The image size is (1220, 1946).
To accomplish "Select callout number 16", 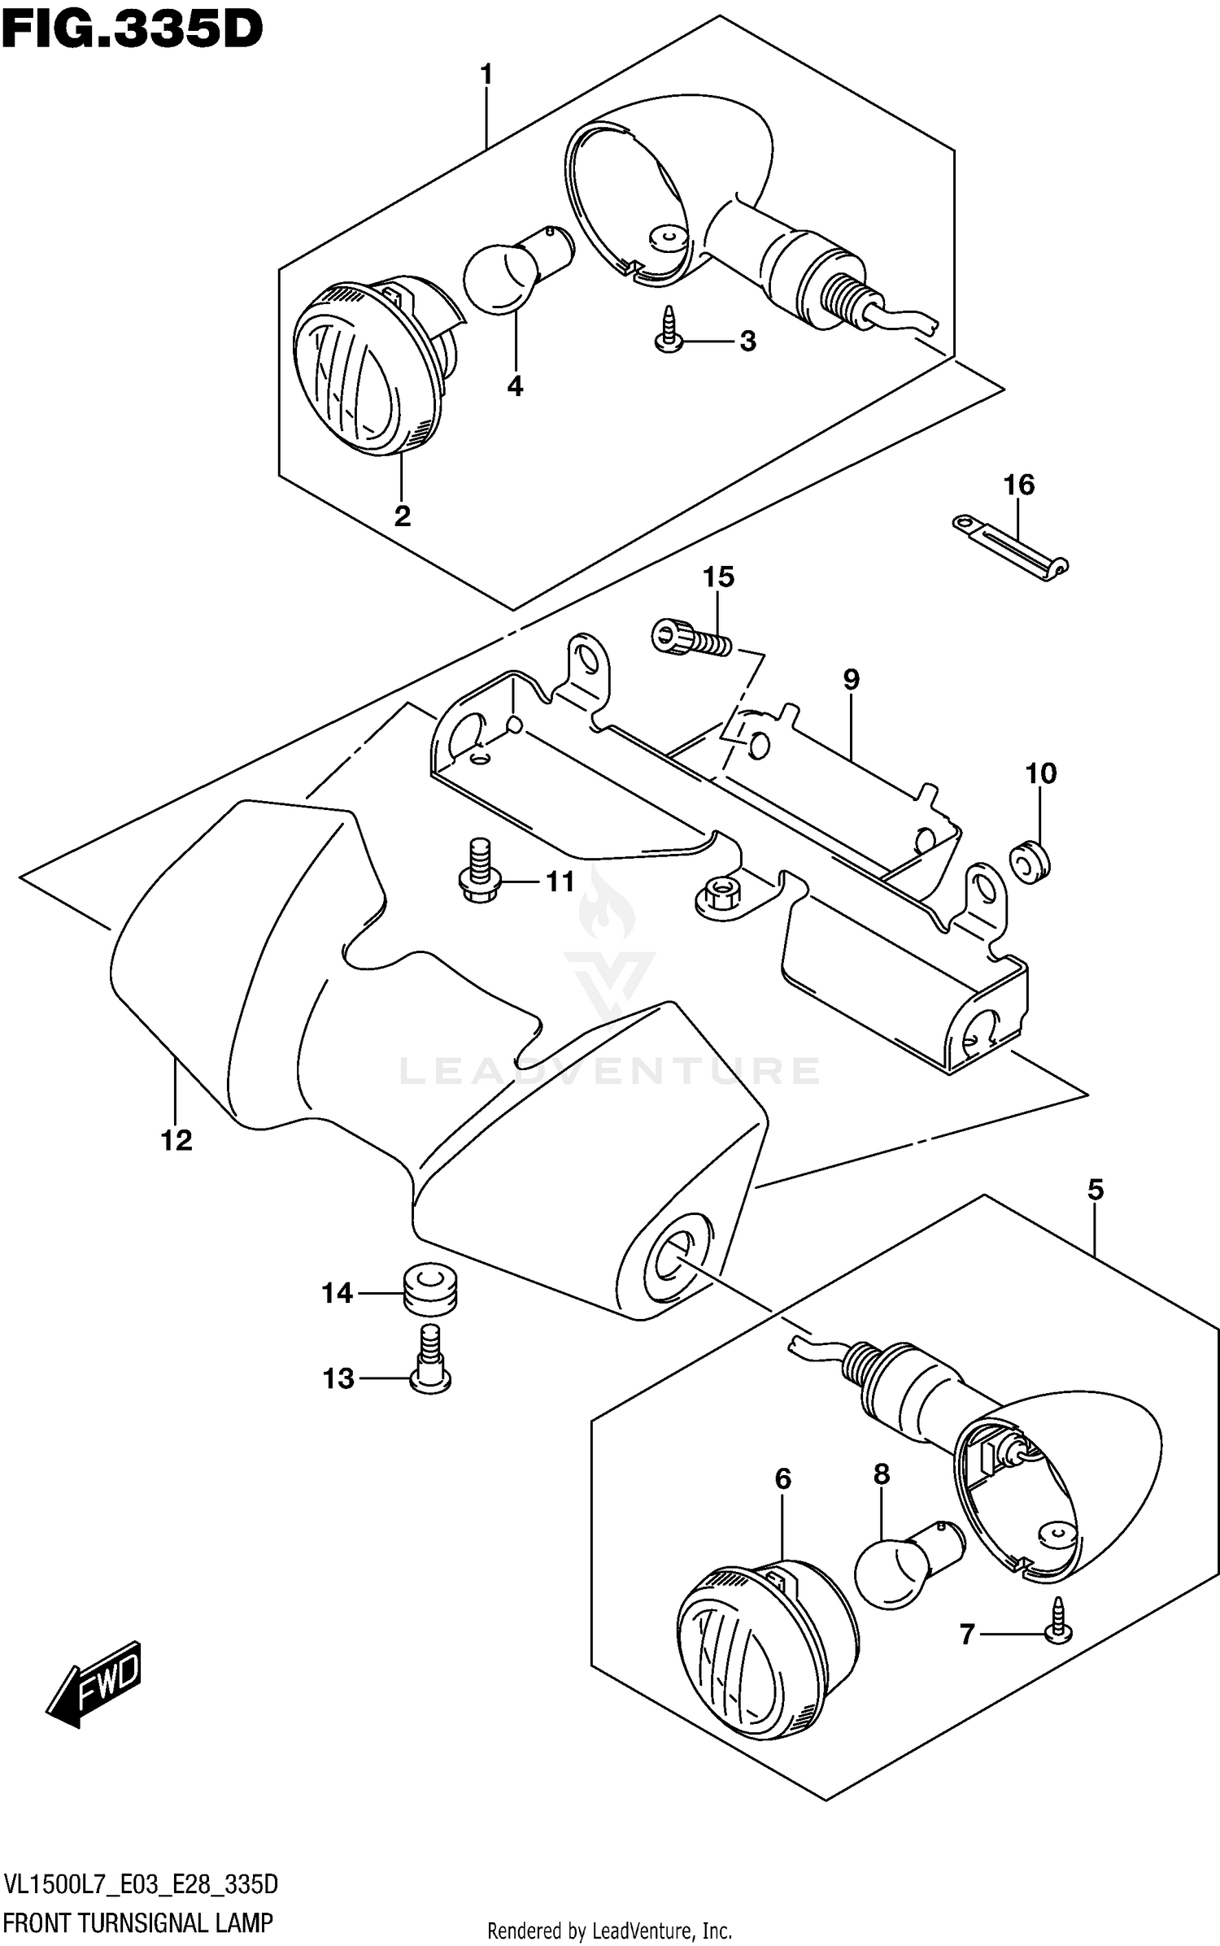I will click(x=1018, y=485).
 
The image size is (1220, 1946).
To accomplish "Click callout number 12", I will click(x=176, y=1140).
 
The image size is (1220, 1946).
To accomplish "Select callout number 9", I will click(x=851, y=679).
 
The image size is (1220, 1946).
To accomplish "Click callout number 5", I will click(x=1096, y=1190).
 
